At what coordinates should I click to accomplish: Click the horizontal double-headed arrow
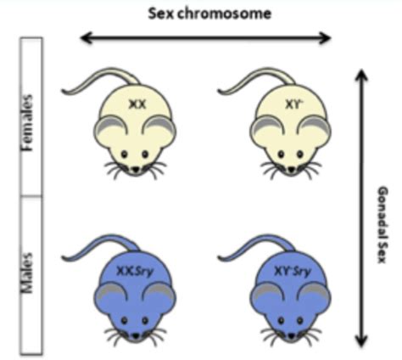click(x=205, y=37)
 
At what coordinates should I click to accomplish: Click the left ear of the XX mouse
click(x=104, y=126)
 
